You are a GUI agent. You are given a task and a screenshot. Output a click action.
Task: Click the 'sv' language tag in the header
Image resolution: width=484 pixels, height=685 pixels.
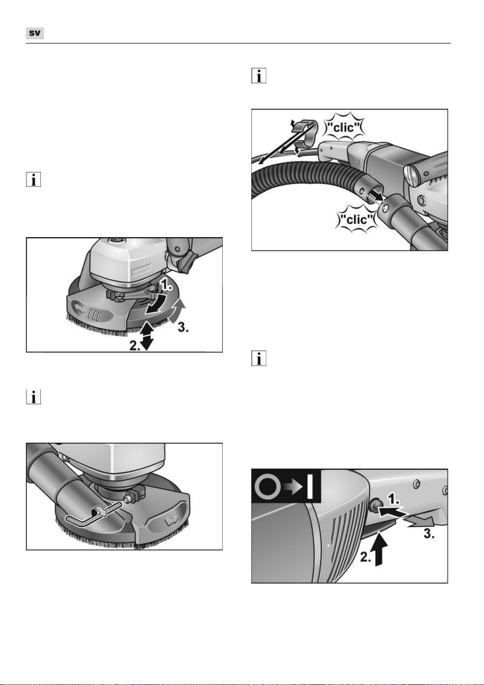tap(35, 33)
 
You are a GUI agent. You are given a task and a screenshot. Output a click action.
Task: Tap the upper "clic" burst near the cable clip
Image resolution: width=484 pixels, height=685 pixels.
tap(344, 127)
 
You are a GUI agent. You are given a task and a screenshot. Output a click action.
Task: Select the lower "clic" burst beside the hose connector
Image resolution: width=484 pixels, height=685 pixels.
tap(357, 219)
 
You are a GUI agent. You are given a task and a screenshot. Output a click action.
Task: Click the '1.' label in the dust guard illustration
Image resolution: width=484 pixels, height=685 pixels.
tap(166, 285)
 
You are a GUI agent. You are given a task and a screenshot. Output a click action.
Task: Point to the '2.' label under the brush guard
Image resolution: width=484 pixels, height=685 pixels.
tap(135, 346)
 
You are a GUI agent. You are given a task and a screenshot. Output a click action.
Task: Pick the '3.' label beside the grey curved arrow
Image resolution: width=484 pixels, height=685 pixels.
tap(183, 328)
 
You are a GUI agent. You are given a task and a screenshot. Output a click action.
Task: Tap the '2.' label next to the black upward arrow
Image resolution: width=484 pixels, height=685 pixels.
tap(365, 557)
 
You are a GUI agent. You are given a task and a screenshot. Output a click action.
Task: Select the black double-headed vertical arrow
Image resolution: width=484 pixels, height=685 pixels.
tap(148, 336)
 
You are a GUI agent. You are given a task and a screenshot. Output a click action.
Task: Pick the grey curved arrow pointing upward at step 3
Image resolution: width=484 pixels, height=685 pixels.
tap(178, 311)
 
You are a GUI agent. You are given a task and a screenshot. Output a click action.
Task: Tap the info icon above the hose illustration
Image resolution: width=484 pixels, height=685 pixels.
tap(259, 76)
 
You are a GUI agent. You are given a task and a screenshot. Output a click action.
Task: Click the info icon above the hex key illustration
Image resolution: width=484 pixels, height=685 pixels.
tap(33, 397)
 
